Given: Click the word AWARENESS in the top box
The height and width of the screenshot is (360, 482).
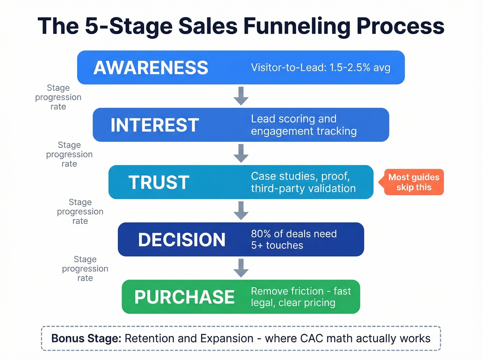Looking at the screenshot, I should point(151,68).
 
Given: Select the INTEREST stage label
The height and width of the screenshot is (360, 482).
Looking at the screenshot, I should point(155,125).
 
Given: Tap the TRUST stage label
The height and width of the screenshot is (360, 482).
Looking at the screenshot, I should point(159,182).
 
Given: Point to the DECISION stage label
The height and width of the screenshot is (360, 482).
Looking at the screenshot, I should point(181,239).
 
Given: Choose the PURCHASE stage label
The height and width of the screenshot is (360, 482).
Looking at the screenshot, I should point(184,297).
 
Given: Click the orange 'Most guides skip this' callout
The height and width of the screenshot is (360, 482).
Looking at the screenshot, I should point(413,182).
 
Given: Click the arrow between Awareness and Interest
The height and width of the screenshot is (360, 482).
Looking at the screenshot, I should point(241,96).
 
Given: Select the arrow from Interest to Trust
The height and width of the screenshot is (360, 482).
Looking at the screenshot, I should point(241,153).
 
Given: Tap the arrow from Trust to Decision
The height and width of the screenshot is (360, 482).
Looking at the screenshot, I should point(241,210).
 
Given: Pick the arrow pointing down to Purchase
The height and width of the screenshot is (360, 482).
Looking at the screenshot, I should point(241,268).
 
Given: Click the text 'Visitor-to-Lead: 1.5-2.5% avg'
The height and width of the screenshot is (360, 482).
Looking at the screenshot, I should point(321,68).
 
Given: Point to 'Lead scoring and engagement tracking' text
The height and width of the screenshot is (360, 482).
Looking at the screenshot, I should point(303,125).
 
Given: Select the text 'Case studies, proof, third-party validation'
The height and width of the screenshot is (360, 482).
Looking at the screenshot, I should point(303,182).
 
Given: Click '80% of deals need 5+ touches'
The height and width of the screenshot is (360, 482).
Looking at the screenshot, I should point(293,239).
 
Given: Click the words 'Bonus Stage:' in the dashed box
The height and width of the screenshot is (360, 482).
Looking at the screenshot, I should point(86,338).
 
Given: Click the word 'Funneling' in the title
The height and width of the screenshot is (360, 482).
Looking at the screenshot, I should point(297,26).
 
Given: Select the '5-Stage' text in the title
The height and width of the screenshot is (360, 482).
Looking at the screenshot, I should point(128,26).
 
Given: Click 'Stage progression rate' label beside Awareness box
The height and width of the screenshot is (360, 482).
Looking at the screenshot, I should point(58,97).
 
